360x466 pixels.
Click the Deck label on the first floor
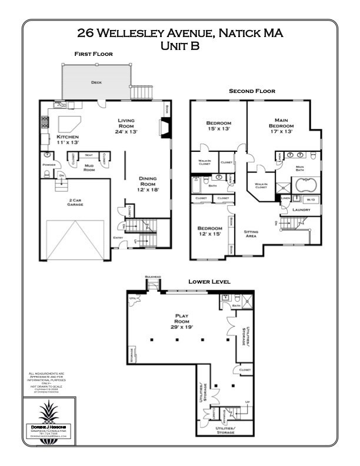point(96,83)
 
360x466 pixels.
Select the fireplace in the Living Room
point(166,128)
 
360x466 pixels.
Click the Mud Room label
point(89,168)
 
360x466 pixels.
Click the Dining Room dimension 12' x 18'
point(147,190)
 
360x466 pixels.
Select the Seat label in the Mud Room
point(89,155)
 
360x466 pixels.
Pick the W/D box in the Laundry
point(309,200)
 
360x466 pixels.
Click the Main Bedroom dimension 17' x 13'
point(281,131)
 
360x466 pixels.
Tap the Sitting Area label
point(251,234)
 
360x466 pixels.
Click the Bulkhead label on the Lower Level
point(152,277)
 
